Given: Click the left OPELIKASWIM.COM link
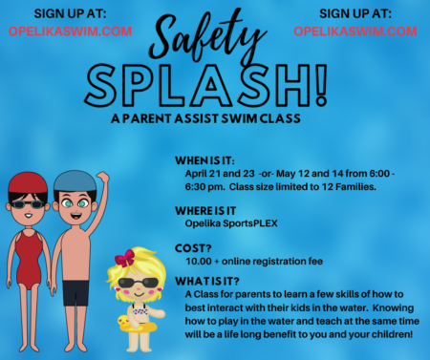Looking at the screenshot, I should pyautogui.click(x=70, y=31).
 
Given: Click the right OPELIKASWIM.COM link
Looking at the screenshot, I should pyautogui.click(x=355, y=31).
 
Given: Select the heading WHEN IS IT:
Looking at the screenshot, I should pyautogui.click(x=211, y=161).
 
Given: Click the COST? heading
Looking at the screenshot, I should pyautogui.click(x=195, y=245).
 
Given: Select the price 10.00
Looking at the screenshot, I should pyautogui.click(x=199, y=261).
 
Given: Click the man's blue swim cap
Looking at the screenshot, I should pyautogui.click(x=74, y=180).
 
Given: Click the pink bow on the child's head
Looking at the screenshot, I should pyautogui.click(x=125, y=258).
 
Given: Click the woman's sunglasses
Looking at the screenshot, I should pyautogui.click(x=30, y=203).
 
